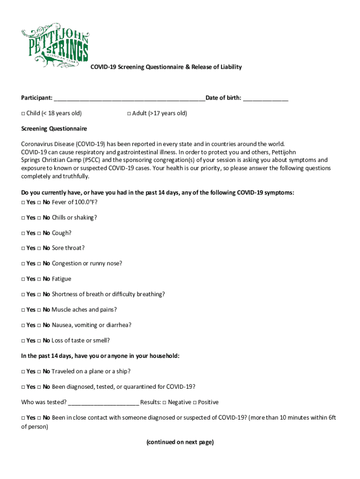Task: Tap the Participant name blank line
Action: pyautogui.click(x=129, y=98)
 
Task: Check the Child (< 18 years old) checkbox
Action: pyautogui.click(x=23, y=114)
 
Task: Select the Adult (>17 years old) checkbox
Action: pyautogui.click(x=129, y=114)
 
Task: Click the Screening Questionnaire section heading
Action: pyautogui.click(x=54, y=129)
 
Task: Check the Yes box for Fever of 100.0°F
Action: pyautogui.click(x=23, y=203)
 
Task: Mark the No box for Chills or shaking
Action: pyautogui.click(x=40, y=218)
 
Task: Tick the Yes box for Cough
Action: pyautogui.click(x=23, y=233)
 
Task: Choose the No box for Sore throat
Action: pyautogui.click(x=40, y=248)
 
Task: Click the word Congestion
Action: pyautogui.click(x=67, y=263)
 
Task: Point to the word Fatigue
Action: pyautogui.click(x=61, y=279)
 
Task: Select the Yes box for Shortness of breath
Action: pyautogui.click(x=23, y=295)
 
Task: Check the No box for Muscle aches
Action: pyautogui.click(x=40, y=310)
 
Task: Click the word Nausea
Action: pyautogui.click(x=62, y=325)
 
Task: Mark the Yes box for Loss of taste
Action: pyautogui.click(x=23, y=341)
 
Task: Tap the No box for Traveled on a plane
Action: pyautogui.click(x=40, y=371)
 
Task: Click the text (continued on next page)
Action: pyautogui.click(x=180, y=442)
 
